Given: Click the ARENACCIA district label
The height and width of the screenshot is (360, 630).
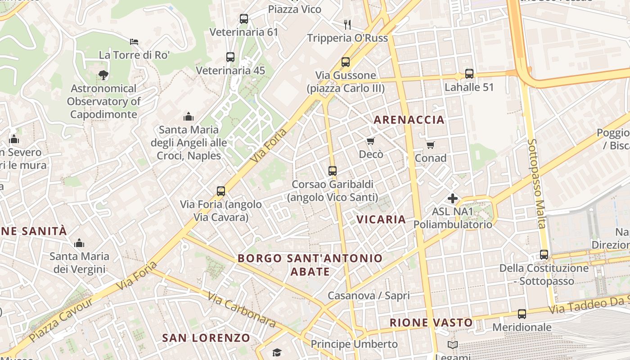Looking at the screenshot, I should pyautogui.click(x=409, y=120).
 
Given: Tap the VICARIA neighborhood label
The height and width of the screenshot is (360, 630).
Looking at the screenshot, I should pyautogui.click(x=381, y=219).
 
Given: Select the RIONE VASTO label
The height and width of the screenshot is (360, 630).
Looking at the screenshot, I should pyautogui.click(x=431, y=323).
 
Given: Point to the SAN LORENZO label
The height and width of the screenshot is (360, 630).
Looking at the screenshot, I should pyautogui.click(x=206, y=338).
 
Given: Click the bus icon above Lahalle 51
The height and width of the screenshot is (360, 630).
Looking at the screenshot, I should pyautogui.click(x=469, y=73).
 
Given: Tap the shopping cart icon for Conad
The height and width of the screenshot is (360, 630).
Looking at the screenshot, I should pyautogui.click(x=431, y=145).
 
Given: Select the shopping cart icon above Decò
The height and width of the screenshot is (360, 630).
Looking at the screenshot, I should pyautogui.click(x=371, y=141).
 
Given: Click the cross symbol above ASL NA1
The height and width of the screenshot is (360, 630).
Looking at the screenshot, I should pyautogui.click(x=453, y=198).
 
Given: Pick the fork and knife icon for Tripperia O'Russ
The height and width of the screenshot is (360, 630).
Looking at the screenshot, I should pyautogui.click(x=347, y=24).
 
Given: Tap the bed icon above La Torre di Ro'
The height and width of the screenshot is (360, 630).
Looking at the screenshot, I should pyautogui.click(x=134, y=42).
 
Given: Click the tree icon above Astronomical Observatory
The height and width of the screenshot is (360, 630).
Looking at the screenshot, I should pyautogui.click(x=103, y=75).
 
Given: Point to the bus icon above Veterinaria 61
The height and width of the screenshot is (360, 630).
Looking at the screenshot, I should pyautogui.click(x=243, y=19).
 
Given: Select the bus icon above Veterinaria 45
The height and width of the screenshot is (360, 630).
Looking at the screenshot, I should pyautogui.click(x=230, y=57).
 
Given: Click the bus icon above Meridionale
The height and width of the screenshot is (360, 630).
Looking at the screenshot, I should pyautogui.click(x=522, y=314).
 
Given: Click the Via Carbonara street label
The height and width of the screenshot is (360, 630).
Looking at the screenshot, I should pyautogui.click(x=242, y=309).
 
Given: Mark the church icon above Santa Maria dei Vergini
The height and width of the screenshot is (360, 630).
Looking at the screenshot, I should pyautogui.click(x=79, y=243).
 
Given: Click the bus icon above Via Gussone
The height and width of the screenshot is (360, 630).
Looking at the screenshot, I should pyautogui.click(x=346, y=62).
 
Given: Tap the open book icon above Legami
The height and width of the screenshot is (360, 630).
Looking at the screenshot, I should pyautogui.click(x=453, y=345).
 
